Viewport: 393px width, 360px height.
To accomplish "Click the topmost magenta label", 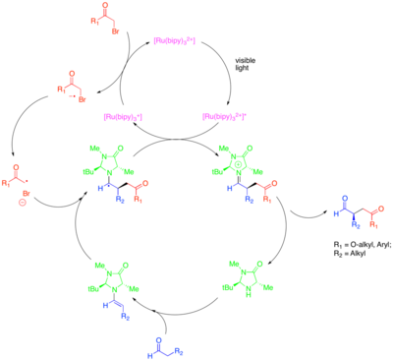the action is coord(174,40).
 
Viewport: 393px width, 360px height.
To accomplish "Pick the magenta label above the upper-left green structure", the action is coord(123,117).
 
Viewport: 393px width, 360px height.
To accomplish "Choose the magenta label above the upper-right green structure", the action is coord(224,116).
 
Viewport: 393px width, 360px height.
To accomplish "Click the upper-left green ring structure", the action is coord(108,159).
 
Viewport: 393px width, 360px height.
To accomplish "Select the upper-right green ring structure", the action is coord(236,159).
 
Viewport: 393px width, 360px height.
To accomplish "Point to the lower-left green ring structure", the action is coord(113,276).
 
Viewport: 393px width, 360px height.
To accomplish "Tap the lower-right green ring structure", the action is coord(247,276).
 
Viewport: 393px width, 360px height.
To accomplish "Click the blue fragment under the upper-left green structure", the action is coord(111,191).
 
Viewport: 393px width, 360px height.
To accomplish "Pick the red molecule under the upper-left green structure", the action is coord(139,190).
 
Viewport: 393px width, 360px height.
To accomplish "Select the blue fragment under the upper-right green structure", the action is coord(241,191).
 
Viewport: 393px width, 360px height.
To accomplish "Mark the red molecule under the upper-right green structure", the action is coord(267,190).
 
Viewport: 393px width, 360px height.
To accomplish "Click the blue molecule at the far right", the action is coord(346,211).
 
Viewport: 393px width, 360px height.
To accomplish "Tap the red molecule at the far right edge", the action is coord(373,215).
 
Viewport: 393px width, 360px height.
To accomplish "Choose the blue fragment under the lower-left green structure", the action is coord(116,309).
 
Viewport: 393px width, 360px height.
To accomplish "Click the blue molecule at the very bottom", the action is coord(163,348).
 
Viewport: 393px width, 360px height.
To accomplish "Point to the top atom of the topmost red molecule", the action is coord(105,6).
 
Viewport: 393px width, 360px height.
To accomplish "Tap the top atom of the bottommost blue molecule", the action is coord(159,340).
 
